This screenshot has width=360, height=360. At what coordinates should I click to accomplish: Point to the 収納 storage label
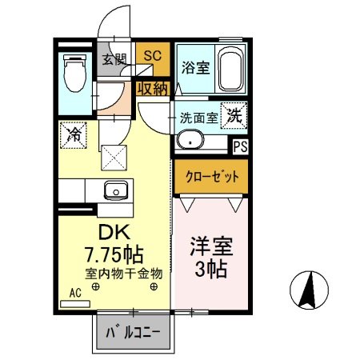(152, 88)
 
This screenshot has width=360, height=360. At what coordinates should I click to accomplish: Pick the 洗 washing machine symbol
(235, 114)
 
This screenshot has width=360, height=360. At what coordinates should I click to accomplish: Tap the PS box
(239, 146)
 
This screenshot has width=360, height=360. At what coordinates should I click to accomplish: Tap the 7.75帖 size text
(114, 255)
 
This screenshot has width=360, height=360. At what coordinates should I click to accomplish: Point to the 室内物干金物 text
(124, 273)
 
